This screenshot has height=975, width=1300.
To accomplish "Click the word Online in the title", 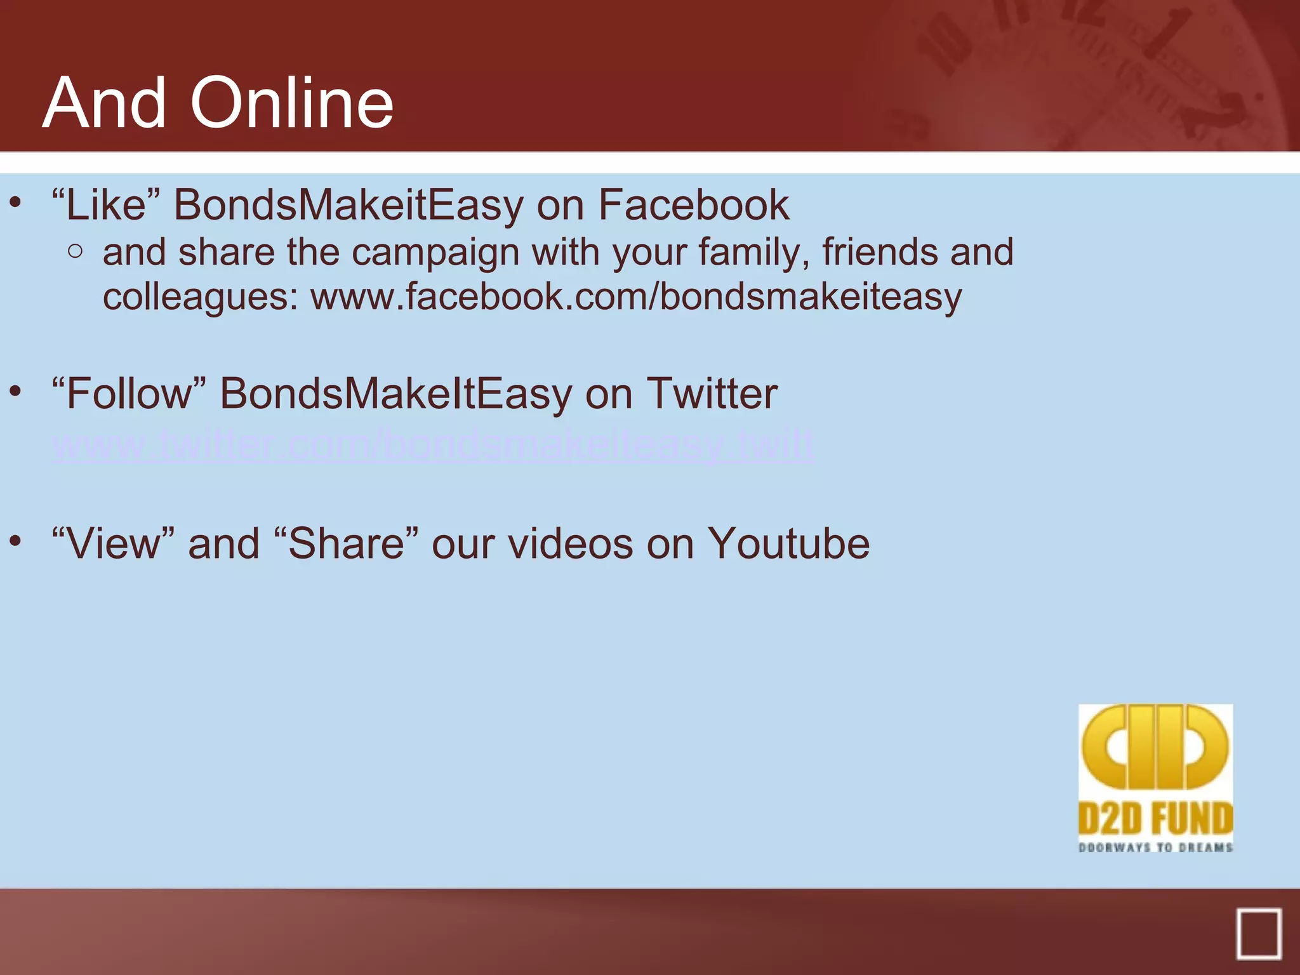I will [292, 103].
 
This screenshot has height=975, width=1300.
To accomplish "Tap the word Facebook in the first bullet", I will [693, 205].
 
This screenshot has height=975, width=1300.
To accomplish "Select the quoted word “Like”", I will [105, 205].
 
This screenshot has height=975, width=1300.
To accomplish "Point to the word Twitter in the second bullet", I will [712, 394].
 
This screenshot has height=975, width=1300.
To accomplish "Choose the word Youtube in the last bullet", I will [788, 543].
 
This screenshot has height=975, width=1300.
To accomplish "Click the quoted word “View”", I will [113, 543].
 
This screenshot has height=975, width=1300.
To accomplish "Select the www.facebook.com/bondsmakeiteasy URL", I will [636, 296].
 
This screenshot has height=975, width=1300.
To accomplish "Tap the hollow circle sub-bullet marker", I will [75, 251].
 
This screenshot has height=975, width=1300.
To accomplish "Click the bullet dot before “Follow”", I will [16, 391].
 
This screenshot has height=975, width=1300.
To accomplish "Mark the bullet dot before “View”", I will [16, 541].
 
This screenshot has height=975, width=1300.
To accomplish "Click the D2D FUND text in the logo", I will [1155, 819].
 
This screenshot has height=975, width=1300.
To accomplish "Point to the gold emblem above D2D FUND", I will [1155, 746].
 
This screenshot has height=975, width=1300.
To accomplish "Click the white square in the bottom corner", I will [1258, 933].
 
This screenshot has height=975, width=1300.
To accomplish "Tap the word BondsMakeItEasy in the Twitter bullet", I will [396, 394].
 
